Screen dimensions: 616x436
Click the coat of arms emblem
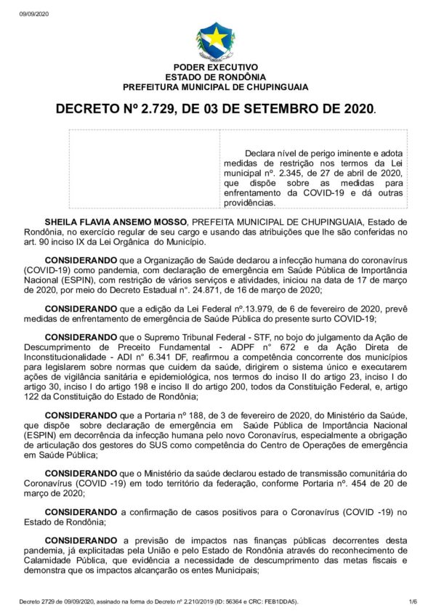[215, 41]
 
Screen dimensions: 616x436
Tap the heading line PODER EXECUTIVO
[215, 68]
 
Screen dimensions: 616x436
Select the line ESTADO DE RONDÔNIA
[215, 77]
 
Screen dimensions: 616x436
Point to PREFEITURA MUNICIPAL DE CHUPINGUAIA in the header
[215, 86]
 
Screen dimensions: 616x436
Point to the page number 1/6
[413, 601]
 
